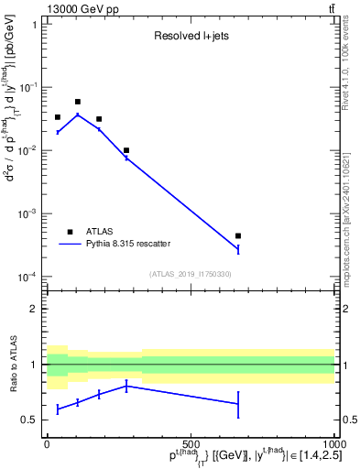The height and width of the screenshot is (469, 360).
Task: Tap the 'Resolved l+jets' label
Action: pos(190,37)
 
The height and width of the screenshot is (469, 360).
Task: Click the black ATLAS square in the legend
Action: pos(70,232)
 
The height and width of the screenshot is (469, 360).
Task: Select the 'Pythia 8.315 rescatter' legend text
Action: pos(127,244)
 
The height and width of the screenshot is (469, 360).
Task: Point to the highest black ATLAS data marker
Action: pos(78,102)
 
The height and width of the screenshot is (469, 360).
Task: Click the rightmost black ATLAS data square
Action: pos(238,235)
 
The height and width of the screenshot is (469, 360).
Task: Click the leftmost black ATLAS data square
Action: pos(58,117)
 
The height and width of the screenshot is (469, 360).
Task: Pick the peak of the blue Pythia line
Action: pos(78,115)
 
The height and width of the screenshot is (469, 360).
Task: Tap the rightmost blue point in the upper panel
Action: pos(238,248)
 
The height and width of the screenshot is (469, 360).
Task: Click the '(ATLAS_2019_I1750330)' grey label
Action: pos(190,274)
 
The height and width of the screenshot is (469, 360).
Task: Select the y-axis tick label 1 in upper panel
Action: pos(34,25)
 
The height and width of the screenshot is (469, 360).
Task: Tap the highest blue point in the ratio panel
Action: pos(126,386)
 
